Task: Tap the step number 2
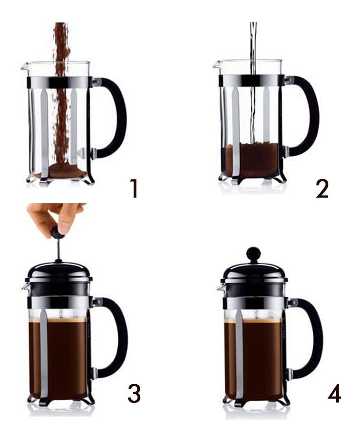[x=322, y=189]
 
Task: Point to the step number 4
[x=334, y=393]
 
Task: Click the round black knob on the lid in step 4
[x=253, y=253]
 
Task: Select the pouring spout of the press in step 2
[x=216, y=65]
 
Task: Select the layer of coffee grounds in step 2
[x=250, y=159]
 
